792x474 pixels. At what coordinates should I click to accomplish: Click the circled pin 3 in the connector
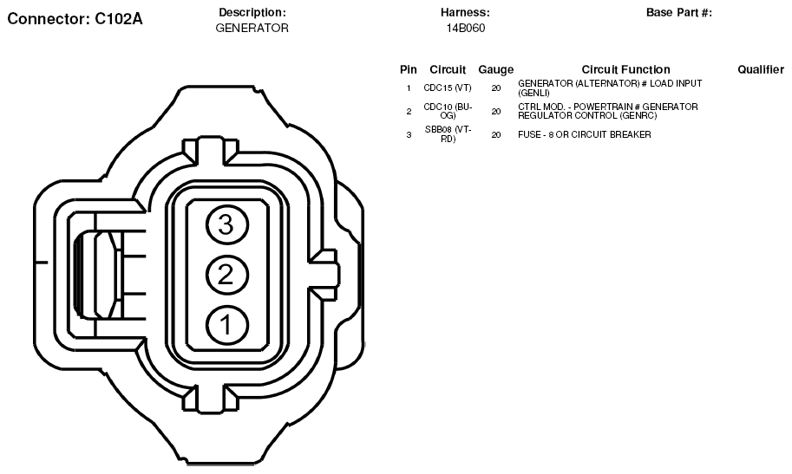pyautogui.click(x=226, y=224)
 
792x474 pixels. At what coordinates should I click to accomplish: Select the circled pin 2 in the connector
pyautogui.click(x=226, y=275)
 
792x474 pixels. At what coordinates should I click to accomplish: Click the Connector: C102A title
pyautogui.click(x=75, y=19)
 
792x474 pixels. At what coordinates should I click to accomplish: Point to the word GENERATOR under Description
pyautogui.click(x=252, y=29)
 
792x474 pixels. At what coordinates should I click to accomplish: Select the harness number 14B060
pyautogui.click(x=465, y=29)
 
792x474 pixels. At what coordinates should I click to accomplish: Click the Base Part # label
pyautogui.click(x=679, y=13)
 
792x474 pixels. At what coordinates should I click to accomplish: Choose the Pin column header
pyautogui.click(x=408, y=69)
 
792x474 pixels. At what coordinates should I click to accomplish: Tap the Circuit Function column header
pyautogui.click(x=625, y=69)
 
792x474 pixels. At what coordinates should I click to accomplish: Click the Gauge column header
pyautogui.click(x=495, y=69)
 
